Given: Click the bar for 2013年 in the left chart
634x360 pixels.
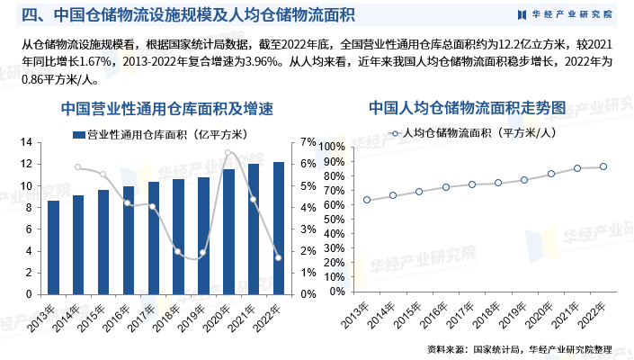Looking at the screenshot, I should pos(53,247).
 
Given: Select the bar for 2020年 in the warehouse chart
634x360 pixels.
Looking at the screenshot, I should pos(228,231).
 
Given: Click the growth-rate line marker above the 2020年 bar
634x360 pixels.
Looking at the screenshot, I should pos(228,153).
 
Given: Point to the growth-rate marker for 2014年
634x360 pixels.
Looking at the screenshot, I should pos(78,166).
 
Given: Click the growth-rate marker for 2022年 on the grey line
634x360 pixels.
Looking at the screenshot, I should pos(279,258).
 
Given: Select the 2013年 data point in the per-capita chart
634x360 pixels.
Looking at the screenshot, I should pos(367,200).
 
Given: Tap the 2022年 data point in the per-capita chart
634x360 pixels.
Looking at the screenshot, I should pos(603,166).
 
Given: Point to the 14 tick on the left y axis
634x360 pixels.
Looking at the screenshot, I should pos(26,142).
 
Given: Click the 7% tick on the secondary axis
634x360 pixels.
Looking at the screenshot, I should pos(308,142).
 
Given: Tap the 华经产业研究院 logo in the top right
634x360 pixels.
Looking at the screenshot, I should pos(567,14).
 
